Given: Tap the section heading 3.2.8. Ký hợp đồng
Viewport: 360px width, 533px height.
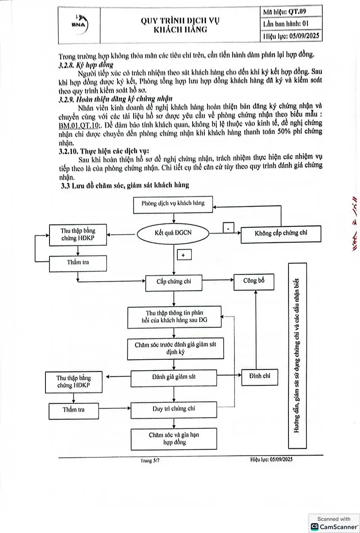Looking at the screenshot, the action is point(85,64).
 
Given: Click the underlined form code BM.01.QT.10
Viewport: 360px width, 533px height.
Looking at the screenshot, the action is point(79,126).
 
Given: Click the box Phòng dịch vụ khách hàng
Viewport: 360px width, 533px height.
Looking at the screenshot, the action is point(173,204).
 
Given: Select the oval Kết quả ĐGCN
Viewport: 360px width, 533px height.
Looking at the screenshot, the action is point(173,233).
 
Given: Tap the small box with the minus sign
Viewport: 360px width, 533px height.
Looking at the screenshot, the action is point(229,228).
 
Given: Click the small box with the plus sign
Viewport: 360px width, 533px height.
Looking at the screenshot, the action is point(184,255).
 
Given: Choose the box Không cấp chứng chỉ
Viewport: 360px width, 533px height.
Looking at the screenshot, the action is point(281,234).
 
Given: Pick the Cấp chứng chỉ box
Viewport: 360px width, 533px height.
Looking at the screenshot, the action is point(174,282).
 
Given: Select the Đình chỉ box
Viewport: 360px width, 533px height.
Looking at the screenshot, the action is point(260,376).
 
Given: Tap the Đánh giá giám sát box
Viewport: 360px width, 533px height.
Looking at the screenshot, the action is point(174,378).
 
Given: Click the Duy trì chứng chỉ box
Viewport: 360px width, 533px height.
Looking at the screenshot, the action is point(174,409).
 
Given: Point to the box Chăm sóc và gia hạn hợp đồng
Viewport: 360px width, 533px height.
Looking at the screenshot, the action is point(174,439).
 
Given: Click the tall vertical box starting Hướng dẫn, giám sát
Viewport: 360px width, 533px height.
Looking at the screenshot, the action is point(297,356).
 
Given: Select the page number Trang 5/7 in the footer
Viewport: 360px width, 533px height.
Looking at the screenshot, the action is point(150,461).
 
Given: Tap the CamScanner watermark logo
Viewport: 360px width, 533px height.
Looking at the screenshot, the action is point(315,526).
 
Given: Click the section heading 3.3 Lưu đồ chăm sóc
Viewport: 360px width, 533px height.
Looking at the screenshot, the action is point(125,185).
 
